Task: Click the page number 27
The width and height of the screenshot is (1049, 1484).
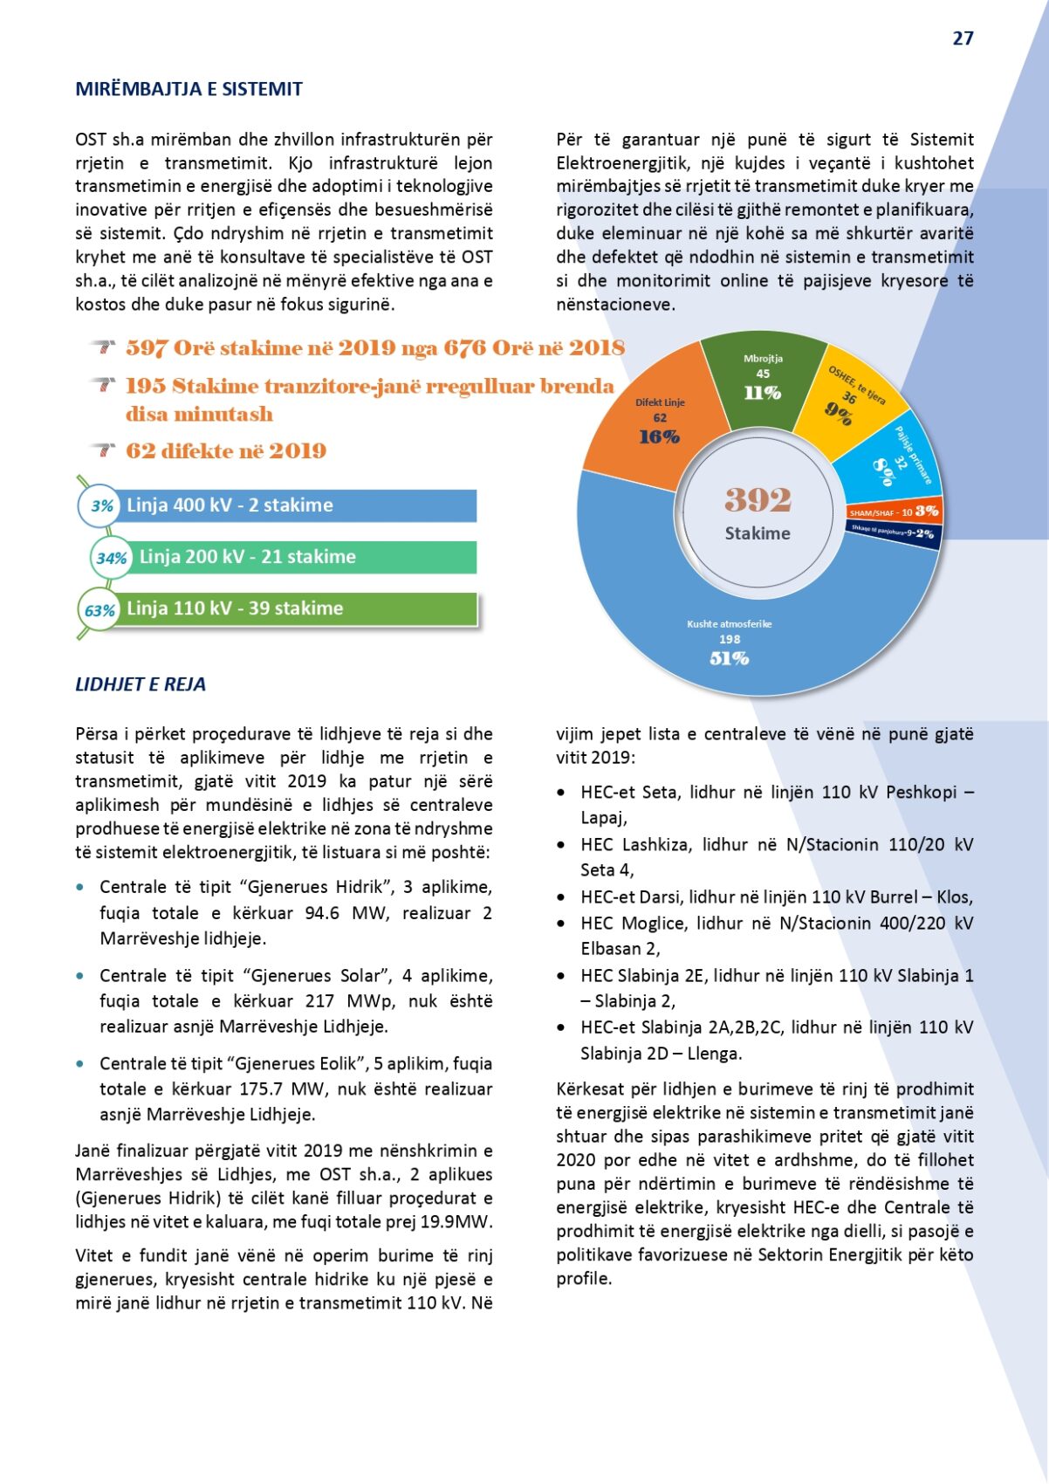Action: coord(963,38)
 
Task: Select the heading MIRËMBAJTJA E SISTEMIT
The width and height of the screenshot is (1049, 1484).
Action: coord(189,89)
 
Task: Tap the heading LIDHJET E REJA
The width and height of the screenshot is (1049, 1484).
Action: coord(141,684)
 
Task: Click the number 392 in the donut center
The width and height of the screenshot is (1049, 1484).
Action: coord(758,500)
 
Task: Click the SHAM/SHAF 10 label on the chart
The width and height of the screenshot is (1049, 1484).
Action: coord(880,512)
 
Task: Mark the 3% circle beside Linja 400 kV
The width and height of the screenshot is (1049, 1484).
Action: coord(102,505)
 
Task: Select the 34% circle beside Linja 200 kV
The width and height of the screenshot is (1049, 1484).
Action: coord(112,558)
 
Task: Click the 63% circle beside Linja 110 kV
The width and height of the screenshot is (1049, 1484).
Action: coord(99,610)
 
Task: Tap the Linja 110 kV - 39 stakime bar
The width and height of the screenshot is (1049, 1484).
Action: coord(297,608)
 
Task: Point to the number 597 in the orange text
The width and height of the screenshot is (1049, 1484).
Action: coord(146,348)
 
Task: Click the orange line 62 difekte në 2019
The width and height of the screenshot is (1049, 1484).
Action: coord(225,451)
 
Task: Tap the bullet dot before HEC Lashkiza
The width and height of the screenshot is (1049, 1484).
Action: coord(561,845)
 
